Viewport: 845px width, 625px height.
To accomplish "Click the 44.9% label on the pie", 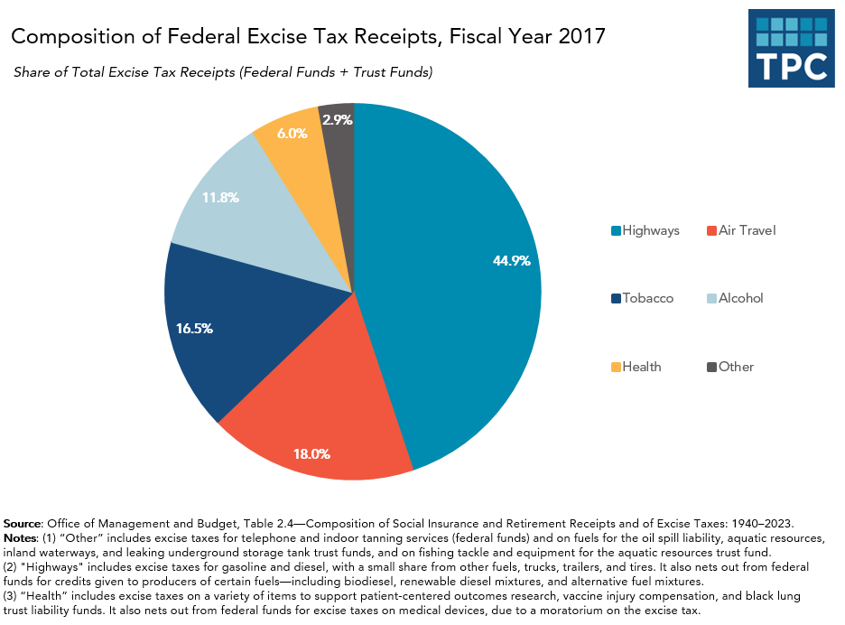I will click(511, 260).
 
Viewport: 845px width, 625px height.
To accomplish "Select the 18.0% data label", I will click(311, 453).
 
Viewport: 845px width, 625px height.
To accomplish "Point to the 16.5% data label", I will click(194, 329).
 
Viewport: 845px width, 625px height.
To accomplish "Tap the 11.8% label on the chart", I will click(219, 196).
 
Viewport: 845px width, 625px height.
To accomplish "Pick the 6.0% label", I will click(292, 133).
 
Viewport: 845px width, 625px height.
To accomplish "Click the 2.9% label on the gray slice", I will click(336, 118).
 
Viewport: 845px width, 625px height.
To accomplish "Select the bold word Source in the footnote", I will click(23, 524).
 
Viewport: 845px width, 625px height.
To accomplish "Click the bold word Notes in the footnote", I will click(21, 538).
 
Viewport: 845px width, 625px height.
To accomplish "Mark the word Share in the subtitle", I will click(31, 72).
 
